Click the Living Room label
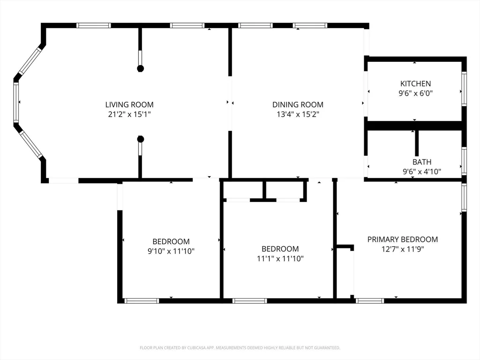point(129,105)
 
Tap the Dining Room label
point(298,105)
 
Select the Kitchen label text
point(415,83)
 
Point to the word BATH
point(422,162)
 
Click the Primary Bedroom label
point(403,240)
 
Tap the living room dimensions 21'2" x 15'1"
point(129,114)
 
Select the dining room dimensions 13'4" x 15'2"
point(298,114)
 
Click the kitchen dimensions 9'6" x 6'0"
point(415,93)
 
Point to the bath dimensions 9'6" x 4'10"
point(422,172)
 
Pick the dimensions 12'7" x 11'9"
point(403,249)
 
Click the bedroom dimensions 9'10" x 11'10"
point(171,251)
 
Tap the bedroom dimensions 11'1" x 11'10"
point(280,259)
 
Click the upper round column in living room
point(140,68)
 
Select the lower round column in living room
point(140,139)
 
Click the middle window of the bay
point(16,103)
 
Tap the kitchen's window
point(464,89)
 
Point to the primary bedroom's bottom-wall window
point(370,301)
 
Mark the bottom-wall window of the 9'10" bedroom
point(142,301)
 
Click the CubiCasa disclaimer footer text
point(240,348)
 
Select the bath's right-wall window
point(464,161)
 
